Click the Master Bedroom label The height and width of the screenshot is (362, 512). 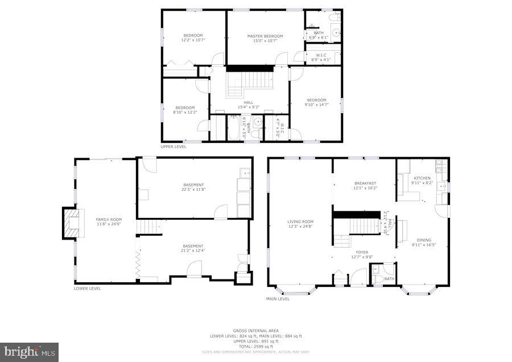click(x=265, y=36)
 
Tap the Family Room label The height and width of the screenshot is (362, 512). click(x=109, y=219)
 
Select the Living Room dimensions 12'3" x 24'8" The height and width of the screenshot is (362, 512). click(x=300, y=226)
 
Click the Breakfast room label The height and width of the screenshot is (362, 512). click(x=365, y=183)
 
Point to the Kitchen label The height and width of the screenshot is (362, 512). click(x=422, y=178)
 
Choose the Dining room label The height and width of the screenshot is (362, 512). click(x=424, y=240)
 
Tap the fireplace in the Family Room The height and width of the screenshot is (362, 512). click(x=71, y=224)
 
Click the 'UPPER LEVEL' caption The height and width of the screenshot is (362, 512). click(x=173, y=146)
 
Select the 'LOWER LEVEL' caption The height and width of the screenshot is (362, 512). click(x=88, y=289)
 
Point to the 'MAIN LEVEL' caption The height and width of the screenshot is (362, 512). click(x=278, y=298)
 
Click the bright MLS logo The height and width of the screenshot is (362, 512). click(x=30, y=352)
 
